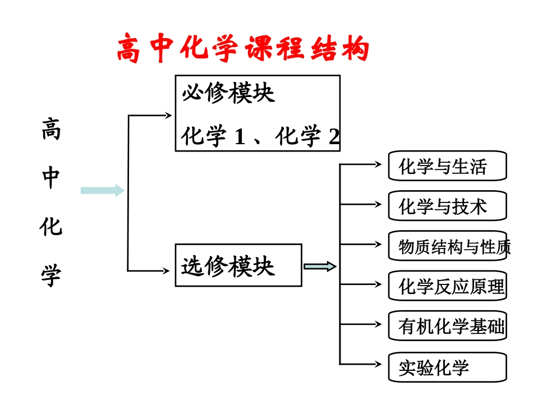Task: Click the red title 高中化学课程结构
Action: [x=242, y=49]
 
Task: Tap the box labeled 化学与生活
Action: [x=447, y=166]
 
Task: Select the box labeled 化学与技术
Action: [x=447, y=206]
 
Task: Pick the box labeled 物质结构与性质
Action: [x=447, y=246]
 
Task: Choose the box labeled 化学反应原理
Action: [x=447, y=286]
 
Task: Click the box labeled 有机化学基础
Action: [x=447, y=326]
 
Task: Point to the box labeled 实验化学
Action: [x=447, y=367]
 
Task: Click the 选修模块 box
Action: [x=238, y=265]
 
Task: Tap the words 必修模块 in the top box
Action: [x=228, y=93]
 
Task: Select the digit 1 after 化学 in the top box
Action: [x=240, y=137]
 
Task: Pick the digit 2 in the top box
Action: [x=334, y=137]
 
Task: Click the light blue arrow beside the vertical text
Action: [x=102, y=191]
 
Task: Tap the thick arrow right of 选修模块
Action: [x=320, y=266]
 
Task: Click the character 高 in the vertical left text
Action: [x=51, y=130]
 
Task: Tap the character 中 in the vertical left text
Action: [x=51, y=178]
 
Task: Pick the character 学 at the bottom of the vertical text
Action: [x=51, y=275]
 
